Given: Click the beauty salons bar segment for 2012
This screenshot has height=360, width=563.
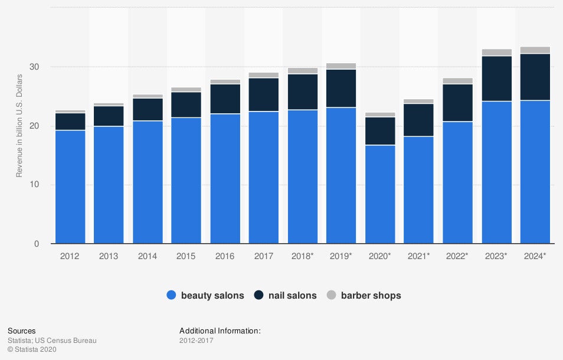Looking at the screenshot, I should coord(70,186).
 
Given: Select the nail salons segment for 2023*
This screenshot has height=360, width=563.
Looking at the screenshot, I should coord(496,78).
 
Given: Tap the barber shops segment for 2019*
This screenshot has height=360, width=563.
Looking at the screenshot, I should coord(342,66).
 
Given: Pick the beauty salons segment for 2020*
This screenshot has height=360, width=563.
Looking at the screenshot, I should coord(380,194).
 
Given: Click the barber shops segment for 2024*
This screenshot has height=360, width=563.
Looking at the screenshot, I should coord(535,50).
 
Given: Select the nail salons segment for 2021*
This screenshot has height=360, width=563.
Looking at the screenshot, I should coord(419,120).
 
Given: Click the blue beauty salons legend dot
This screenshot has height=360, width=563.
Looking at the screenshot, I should coord(172,295).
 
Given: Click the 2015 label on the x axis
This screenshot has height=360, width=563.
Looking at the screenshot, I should coord(186,256).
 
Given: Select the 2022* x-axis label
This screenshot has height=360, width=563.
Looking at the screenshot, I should coord(458,256).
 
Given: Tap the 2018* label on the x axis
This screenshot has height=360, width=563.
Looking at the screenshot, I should coord(303,256).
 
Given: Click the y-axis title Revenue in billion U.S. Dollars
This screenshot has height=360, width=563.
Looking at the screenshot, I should coord(19,126).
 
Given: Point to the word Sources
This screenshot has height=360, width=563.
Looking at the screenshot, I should coord(22,331).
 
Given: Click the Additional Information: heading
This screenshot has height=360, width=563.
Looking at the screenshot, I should coord(220,331).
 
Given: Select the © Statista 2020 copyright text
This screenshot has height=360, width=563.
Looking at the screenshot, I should coord(32,350).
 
